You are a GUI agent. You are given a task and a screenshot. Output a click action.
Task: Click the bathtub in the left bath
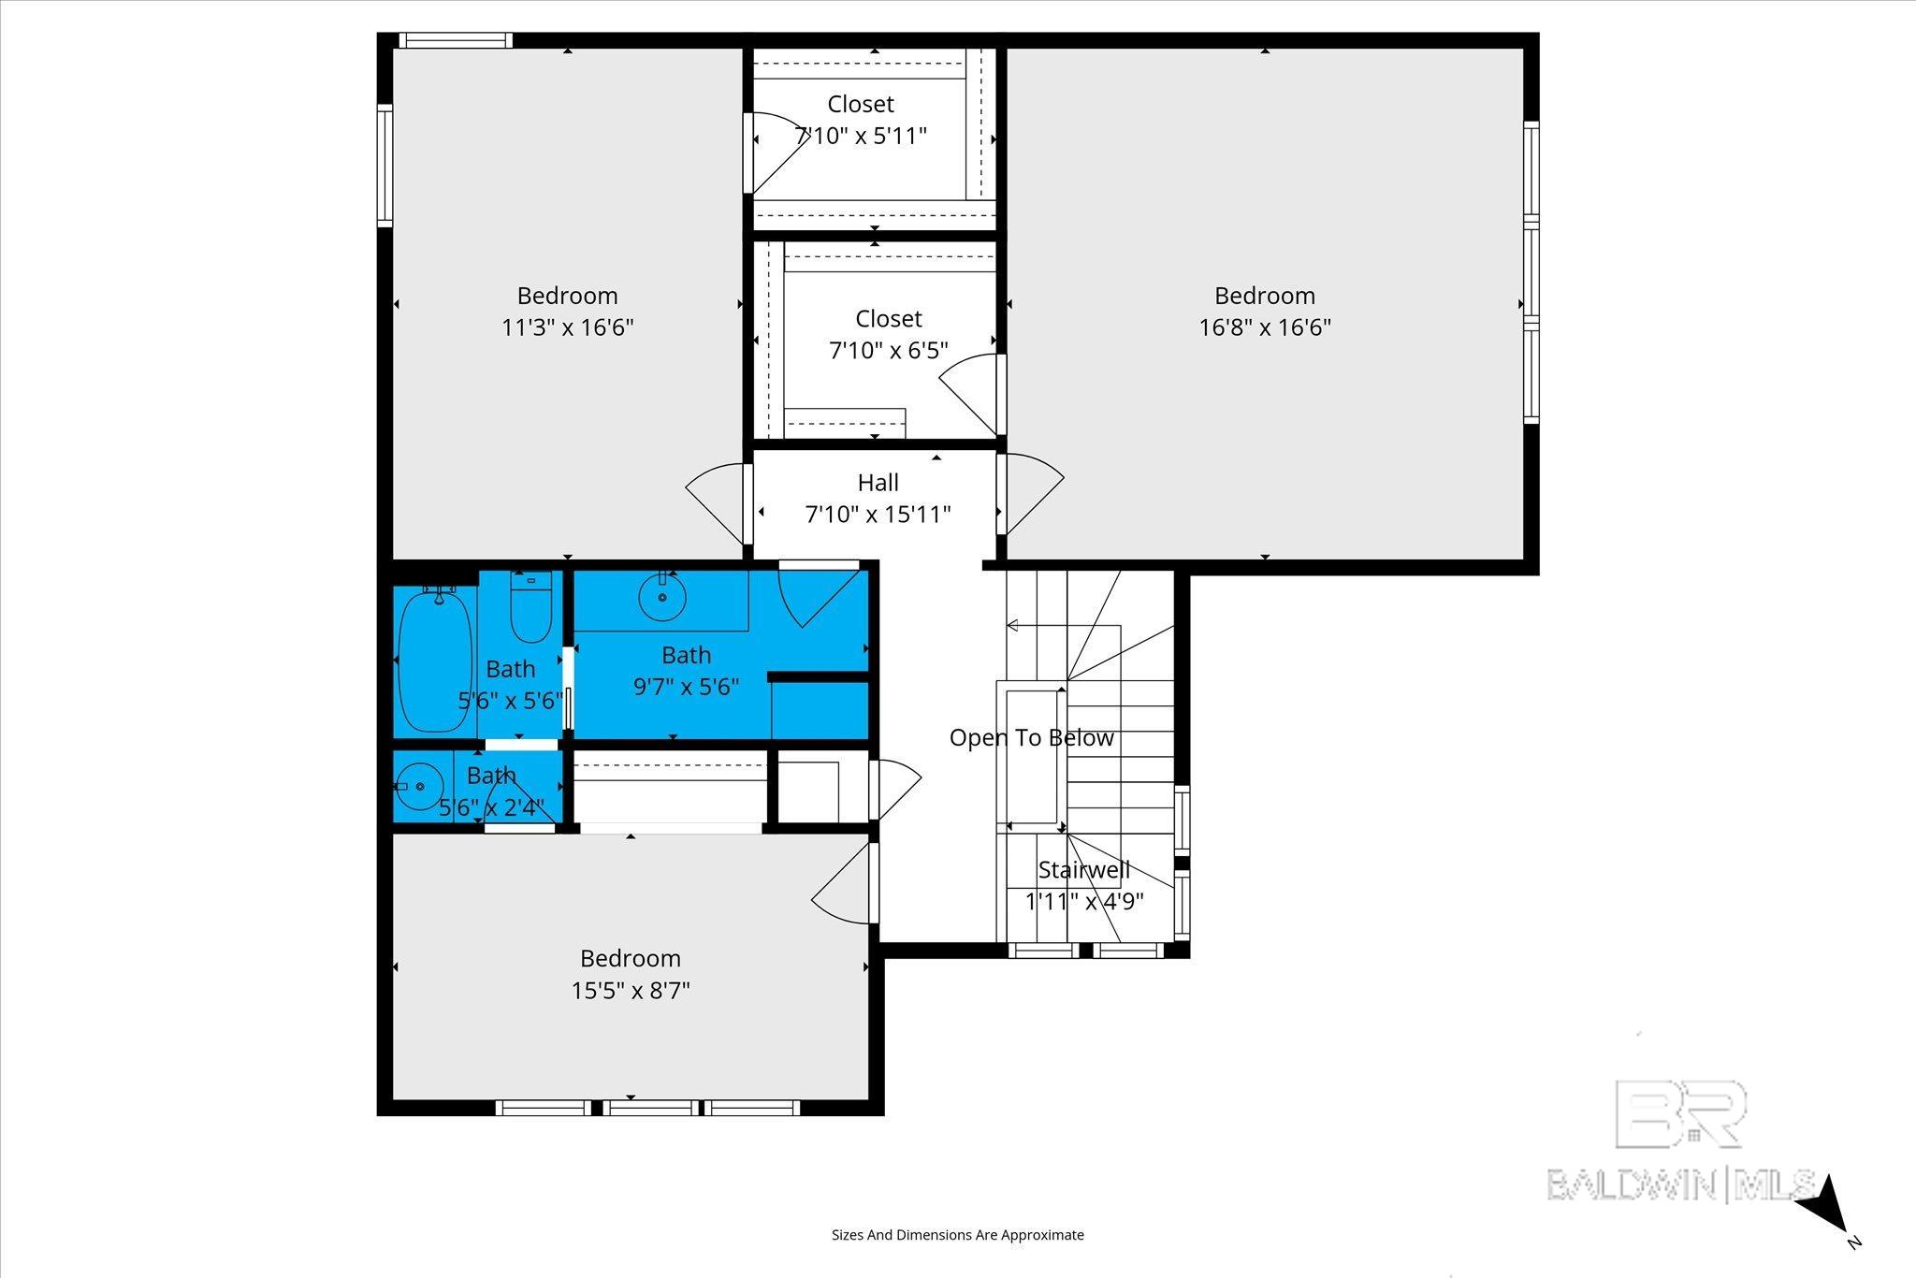[x=435, y=661]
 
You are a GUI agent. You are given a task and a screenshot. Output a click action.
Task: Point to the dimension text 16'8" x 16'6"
[x=1265, y=327]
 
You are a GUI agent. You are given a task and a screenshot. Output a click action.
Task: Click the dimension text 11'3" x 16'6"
[x=568, y=327]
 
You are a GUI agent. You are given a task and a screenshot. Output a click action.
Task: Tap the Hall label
[x=878, y=483]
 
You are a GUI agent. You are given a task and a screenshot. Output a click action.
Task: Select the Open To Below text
[x=1032, y=738]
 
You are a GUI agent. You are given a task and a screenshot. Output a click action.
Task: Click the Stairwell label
[x=1084, y=870]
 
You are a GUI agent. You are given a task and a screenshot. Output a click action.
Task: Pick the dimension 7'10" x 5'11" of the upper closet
[x=861, y=136]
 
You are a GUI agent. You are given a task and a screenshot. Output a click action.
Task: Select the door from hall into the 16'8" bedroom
[x=1031, y=494]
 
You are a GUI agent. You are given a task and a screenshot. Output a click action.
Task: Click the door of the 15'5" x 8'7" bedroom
[x=845, y=884]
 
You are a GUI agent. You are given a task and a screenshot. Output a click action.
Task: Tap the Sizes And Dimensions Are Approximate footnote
[x=958, y=1235]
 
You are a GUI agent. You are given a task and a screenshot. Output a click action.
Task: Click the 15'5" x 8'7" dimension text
[x=631, y=990]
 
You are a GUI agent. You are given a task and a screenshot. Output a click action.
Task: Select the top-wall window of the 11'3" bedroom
[x=455, y=40]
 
